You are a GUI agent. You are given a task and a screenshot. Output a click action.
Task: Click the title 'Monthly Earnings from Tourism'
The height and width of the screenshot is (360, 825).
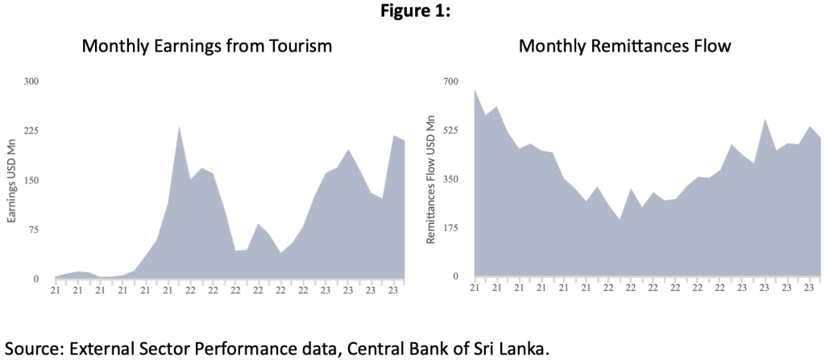pos(207,46)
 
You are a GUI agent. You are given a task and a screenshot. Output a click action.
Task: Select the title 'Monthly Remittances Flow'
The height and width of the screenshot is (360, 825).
pos(624,46)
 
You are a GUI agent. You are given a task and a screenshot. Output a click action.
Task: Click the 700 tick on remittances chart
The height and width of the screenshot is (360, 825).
pos(450,81)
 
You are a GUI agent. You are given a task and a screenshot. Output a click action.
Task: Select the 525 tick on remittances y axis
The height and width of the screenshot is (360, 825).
pos(450,130)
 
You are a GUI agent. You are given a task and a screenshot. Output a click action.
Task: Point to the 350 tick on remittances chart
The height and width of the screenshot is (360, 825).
pos(450,179)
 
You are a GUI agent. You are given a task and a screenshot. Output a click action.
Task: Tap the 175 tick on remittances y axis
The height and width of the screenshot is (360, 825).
pos(450,228)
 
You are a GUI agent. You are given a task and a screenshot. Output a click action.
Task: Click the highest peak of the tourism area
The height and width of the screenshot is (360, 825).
pos(178,126)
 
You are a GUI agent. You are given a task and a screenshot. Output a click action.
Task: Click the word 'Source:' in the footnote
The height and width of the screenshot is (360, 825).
pos(34,349)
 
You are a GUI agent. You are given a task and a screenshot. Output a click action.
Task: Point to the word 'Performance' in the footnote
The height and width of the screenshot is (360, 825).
pos(264,349)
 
